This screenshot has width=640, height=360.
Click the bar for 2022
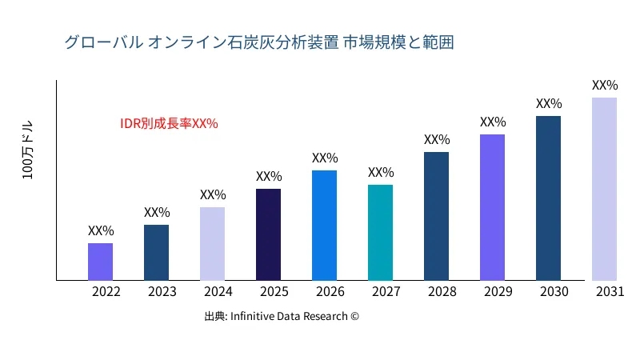pyautogui.click(x=100, y=262)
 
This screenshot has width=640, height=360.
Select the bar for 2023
pyautogui.click(x=156, y=253)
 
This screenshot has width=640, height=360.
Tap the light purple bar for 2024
pyautogui.click(x=212, y=244)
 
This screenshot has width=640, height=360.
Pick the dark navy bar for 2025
pyautogui.click(x=268, y=234)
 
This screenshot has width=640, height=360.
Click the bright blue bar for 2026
pyautogui.click(x=324, y=226)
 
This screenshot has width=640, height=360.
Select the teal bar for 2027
pyautogui.click(x=380, y=233)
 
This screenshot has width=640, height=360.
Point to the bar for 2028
pyautogui.click(x=436, y=216)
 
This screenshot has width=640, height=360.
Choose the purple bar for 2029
pyautogui.click(x=492, y=207)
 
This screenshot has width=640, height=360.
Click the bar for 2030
pyautogui.click(x=548, y=198)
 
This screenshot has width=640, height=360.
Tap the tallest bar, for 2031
pyautogui.click(x=604, y=189)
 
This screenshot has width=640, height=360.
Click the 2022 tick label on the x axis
pyautogui.click(x=106, y=292)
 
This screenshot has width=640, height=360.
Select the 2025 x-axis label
pyautogui.click(x=274, y=292)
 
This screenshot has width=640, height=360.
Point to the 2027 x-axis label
pyautogui.click(x=386, y=292)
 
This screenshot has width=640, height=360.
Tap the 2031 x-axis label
pyautogui.click(x=610, y=292)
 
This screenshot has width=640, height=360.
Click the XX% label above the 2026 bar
pyautogui.click(x=325, y=158)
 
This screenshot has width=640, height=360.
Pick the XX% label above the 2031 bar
pyautogui.click(x=605, y=85)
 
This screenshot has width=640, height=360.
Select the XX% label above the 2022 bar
pyautogui.click(x=101, y=230)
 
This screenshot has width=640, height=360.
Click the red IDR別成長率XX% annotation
pyautogui.click(x=169, y=124)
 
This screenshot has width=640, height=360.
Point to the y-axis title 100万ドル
pyautogui.click(x=28, y=151)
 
